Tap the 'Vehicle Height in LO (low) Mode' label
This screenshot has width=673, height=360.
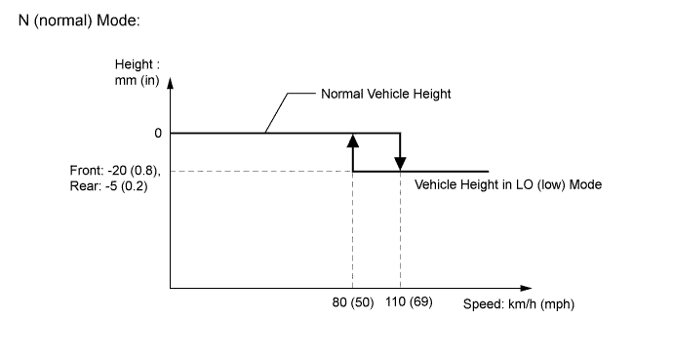507,184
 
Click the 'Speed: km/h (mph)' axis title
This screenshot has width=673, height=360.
518,303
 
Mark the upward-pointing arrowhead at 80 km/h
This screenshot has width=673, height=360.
353,140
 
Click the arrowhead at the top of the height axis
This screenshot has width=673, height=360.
171,82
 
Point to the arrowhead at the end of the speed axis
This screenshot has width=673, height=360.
527,288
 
